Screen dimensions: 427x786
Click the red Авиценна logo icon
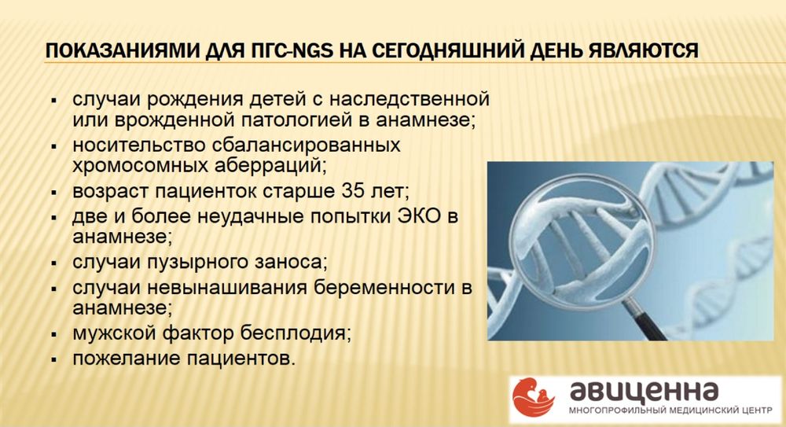coord(532,397)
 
